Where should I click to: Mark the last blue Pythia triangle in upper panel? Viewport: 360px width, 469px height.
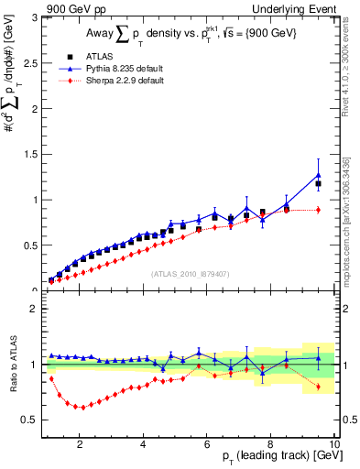pos(318,175)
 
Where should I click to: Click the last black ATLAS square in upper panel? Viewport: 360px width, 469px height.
pos(318,184)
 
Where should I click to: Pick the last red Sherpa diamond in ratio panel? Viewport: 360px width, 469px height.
pos(318,387)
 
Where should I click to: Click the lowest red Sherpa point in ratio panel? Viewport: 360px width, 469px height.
pos(82,408)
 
